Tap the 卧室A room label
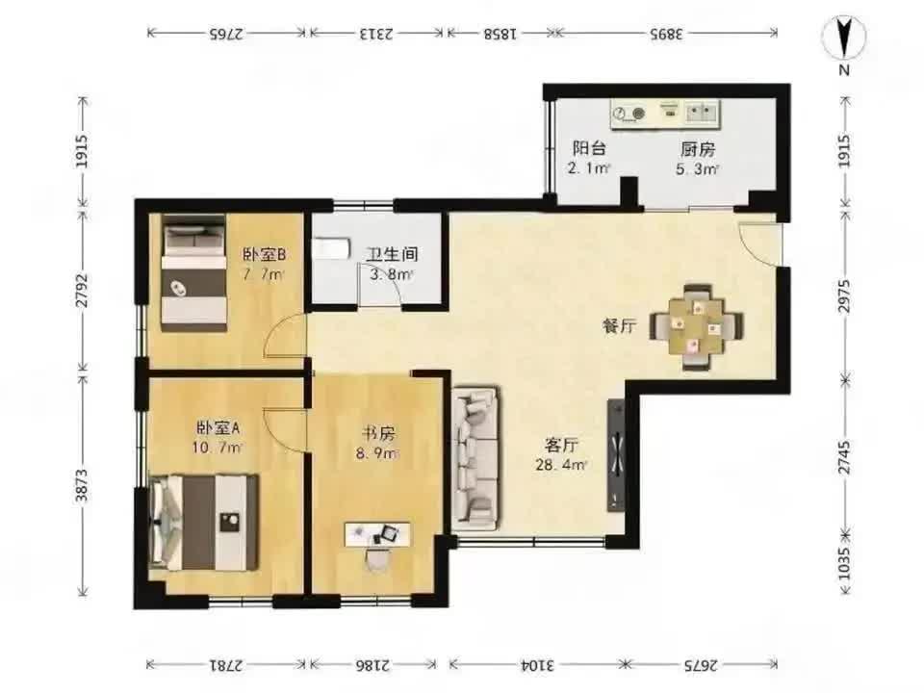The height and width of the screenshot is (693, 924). pyautogui.click(x=218, y=427)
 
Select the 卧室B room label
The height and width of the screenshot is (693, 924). pyautogui.click(x=265, y=254)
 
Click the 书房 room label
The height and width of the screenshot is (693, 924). pyautogui.click(x=378, y=434)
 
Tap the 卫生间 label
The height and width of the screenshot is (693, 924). pyautogui.click(x=392, y=254)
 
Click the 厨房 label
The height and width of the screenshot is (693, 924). pyautogui.click(x=698, y=149)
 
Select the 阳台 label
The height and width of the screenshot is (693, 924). pyautogui.click(x=589, y=148)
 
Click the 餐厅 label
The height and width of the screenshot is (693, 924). pyautogui.click(x=619, y=325)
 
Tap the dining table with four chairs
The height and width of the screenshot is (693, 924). pyautogui.click(x=697, y=326)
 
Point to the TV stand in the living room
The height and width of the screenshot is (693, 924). pyautogui.click(x=616, y=455)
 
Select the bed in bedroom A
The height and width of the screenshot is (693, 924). pyautogui.click(x=204, y=522)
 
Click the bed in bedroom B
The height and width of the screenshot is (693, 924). pyautogui.click(x=193, y=272)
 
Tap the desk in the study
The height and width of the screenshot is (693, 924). pyautogui.click(x=377, y=534)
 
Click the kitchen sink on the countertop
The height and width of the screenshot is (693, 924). pyautogui.click(x=702, y=112)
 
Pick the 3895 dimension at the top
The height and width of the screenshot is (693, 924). pyautogui.click(x=666, y=34)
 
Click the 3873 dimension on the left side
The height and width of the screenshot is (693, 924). pyautogui.click(x=83, y=485)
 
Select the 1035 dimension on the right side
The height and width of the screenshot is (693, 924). pyautogui.click(x=844, y=564)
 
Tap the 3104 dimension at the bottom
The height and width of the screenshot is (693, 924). pyautogui.click(x=537, y=665)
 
